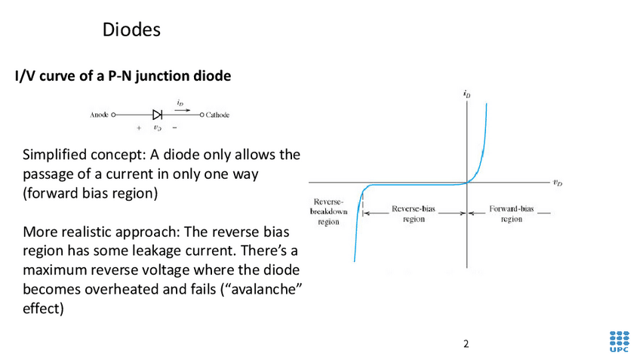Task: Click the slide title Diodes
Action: (131, 30)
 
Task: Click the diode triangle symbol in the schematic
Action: (157, 115)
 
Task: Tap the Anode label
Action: (98, 115)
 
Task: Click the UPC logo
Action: (618, 341)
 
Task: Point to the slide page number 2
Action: (466, 344)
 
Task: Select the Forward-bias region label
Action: (512, 213)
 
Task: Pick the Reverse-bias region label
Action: (413, 213)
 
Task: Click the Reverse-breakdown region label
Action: (329, 213)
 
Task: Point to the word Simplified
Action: (55, 155)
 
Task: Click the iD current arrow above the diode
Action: (178, 107)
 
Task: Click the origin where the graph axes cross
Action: (467, 183)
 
